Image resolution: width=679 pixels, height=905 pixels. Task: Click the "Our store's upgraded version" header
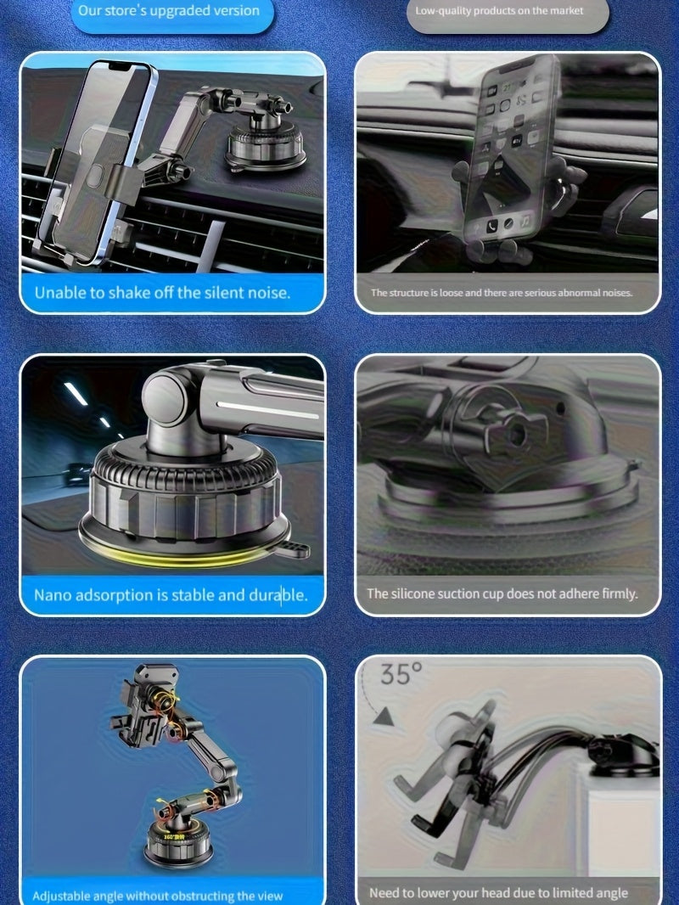click(168, 12)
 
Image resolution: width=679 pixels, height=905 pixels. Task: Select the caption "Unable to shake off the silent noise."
click(162, 293)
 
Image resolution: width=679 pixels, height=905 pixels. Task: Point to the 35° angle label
click(401, 675)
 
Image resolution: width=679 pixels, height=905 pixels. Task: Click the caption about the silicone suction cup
click(502, 593)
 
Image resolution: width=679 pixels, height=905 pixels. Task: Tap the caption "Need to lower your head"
click(498, 892)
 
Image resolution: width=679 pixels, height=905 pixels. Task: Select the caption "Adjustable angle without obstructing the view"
click(157, 896)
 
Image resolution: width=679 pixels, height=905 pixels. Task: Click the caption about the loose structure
click(501, 293)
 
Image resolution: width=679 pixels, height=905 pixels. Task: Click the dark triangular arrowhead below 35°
click(383, 718)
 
